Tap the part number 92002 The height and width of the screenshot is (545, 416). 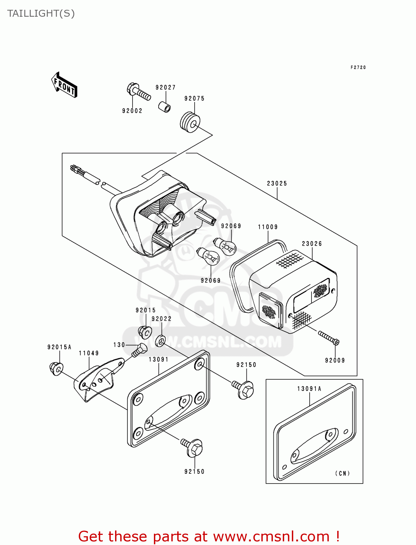(132, 111)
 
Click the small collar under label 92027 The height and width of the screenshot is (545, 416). (165, 107)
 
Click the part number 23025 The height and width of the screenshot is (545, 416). (277, 183)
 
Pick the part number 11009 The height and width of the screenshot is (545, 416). (268, 227)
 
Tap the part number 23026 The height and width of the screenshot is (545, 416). (312, 244)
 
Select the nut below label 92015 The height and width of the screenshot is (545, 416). (145, 332)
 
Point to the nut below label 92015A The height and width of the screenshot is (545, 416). (56, 369)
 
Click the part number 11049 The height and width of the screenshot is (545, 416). (89, 353)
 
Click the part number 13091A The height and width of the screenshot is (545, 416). (309, 389)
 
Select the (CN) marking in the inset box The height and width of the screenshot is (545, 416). (342, 473)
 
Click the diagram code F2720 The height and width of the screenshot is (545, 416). (358, 68)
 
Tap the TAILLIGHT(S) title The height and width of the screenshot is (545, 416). (41, 13)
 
